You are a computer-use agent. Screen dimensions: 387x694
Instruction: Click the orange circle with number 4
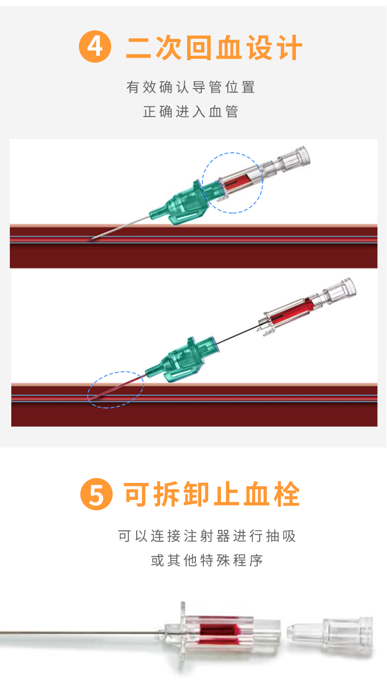[95, 47]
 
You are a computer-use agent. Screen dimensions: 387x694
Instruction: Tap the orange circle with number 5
[97, 494]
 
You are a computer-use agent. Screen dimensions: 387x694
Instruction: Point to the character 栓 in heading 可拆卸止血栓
[287, 494]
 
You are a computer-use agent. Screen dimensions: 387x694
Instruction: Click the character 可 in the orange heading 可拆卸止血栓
[137, 494]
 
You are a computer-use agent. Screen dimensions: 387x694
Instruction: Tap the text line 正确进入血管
[191, 112]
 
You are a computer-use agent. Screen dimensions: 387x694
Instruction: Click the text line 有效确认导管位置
[191, 87]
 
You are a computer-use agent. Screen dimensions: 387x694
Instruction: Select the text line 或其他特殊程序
[207, 560]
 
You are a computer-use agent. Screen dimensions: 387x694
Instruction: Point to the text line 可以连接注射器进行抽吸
[207, 536]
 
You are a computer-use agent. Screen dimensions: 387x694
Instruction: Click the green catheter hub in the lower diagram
[183, 359]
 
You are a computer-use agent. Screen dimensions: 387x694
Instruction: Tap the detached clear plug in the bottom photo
[330, 635]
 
